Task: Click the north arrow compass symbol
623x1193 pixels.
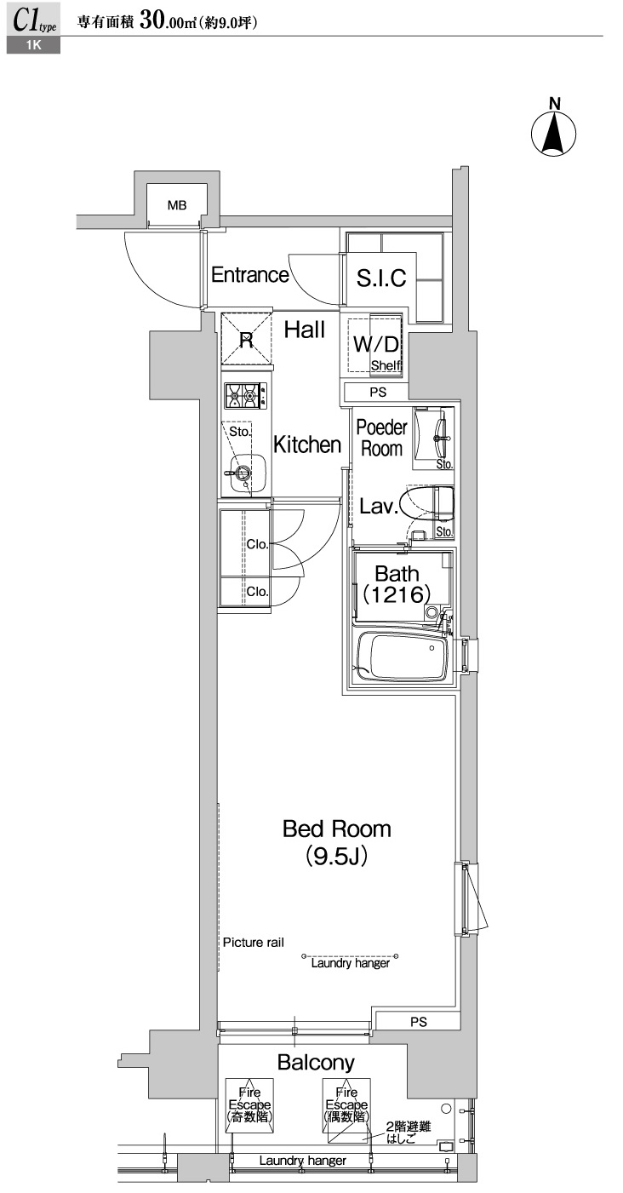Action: click(x=554, y=133)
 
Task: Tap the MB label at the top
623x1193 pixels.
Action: click(x=176, y=204)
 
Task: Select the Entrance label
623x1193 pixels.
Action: click(x=249, y=275)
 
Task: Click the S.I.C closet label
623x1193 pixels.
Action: click(x=380, y=277)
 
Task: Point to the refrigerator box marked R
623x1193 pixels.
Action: click(x=246, y=340)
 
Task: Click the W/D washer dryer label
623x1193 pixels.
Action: click(x=375, y=345)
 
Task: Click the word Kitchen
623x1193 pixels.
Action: click(x=306, y=444)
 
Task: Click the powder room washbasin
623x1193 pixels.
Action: click(x=437, y=439)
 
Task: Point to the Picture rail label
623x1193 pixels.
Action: click(x=253, y=943)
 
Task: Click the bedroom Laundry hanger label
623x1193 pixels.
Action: click(x=350, y=963)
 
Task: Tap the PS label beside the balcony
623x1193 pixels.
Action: click(x=418, y=1022)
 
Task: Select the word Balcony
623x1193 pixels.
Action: click(x=316, y=1062)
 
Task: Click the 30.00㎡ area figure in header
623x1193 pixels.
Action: click(x=168, y=23)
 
